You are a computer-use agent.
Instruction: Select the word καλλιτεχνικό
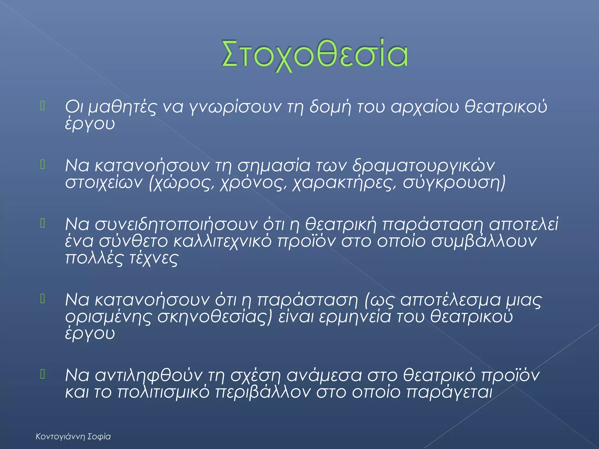tap(222, 241)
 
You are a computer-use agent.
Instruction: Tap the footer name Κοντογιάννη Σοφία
tap(73, 437)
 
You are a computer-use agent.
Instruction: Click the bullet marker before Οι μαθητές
tap(43, 106)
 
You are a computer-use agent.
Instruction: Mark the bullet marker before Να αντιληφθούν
tap(43, 374)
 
